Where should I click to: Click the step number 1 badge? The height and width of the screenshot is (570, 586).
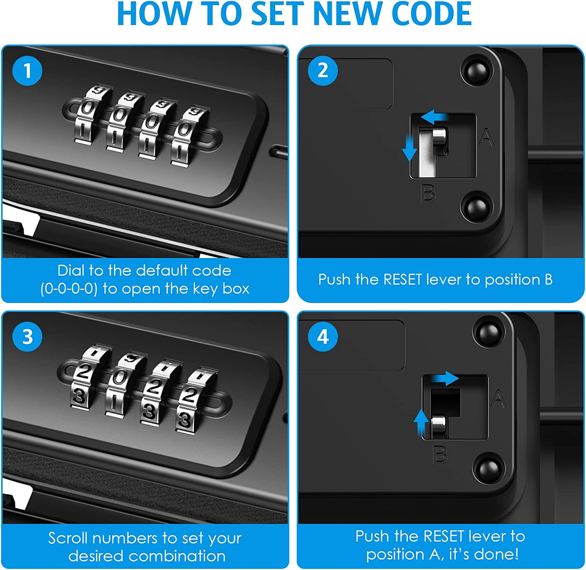coord(27,71)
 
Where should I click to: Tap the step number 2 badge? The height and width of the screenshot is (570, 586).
coord(323,71)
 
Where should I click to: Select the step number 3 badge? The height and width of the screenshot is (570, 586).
coord(27,337)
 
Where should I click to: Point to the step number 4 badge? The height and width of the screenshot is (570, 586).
coord(323,337)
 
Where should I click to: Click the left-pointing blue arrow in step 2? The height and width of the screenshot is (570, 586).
coord(435,117)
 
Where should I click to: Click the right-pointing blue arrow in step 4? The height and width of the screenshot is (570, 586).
coord(445,378)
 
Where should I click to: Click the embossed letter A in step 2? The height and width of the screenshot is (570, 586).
coord(486,138)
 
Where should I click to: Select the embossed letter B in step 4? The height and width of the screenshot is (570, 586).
coord(440,455)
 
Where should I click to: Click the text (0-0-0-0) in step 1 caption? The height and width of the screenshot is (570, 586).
coord(69,289)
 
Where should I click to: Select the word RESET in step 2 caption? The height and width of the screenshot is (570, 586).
coord(402,280)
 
